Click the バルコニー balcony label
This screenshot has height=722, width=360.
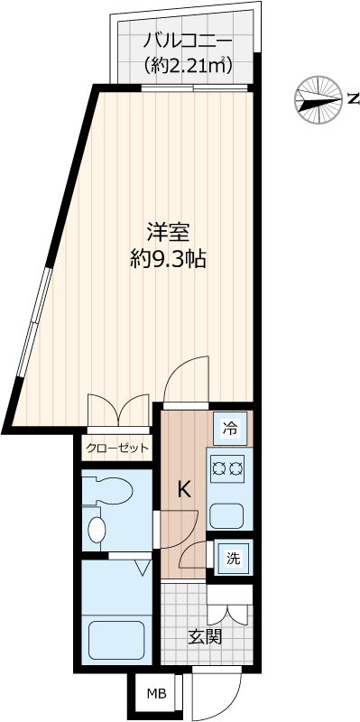188,42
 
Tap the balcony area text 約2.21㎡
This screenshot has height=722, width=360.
188,65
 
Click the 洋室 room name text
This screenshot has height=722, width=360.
169,232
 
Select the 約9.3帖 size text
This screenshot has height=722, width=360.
169,260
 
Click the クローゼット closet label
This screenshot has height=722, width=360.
116,448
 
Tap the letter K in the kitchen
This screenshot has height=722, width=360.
183,490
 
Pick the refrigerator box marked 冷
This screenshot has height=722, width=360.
231,429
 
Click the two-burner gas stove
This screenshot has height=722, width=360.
228,467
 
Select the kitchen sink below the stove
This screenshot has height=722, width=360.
226,515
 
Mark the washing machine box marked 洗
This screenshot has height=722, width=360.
232,558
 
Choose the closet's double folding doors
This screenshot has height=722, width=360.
118,411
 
